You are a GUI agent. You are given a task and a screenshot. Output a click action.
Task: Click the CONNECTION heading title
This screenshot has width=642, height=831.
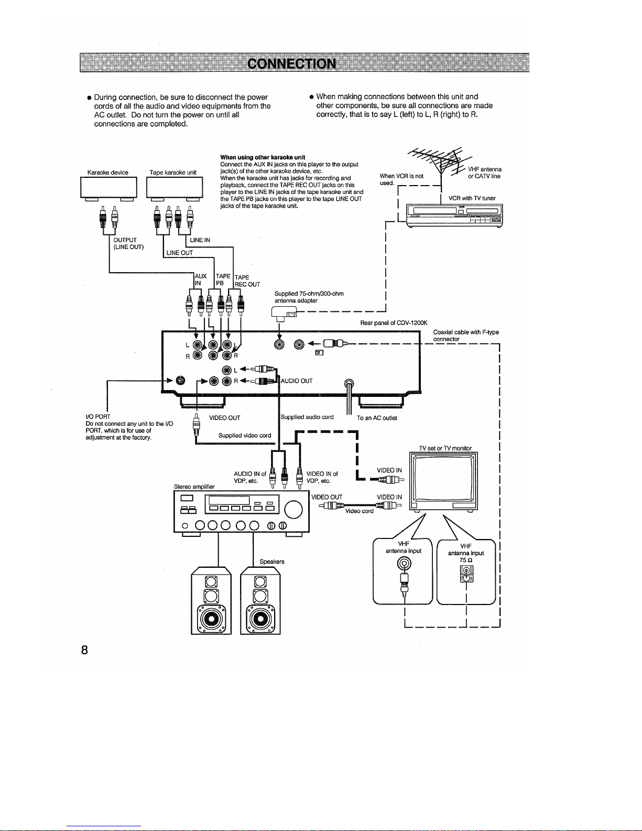291,63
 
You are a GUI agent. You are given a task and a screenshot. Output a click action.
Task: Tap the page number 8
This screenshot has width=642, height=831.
84,650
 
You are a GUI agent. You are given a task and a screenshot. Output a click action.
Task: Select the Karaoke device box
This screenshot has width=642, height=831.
108,188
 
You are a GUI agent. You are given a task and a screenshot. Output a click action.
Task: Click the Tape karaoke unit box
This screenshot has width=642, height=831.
174,188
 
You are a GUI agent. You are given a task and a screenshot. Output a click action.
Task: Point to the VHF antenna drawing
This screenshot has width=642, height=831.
441,162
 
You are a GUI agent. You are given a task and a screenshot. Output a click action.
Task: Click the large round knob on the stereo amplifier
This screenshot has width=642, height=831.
293,510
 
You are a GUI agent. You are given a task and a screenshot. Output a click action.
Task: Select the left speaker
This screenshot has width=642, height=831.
211,600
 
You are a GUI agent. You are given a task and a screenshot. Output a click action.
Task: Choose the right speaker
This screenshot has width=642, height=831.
260,600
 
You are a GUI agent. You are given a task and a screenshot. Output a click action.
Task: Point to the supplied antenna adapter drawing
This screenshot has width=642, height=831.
284,313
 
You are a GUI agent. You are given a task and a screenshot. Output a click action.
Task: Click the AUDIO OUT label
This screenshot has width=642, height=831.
297,381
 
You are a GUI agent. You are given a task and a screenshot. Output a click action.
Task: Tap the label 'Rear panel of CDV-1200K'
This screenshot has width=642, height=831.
394,323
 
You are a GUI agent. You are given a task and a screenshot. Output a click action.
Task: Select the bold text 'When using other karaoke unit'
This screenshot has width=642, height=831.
263,157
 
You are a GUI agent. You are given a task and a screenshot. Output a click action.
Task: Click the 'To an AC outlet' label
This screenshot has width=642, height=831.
377,418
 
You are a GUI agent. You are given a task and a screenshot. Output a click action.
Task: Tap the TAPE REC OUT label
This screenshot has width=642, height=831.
247,280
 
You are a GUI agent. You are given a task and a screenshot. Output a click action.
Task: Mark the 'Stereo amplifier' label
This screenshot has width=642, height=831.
194,487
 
